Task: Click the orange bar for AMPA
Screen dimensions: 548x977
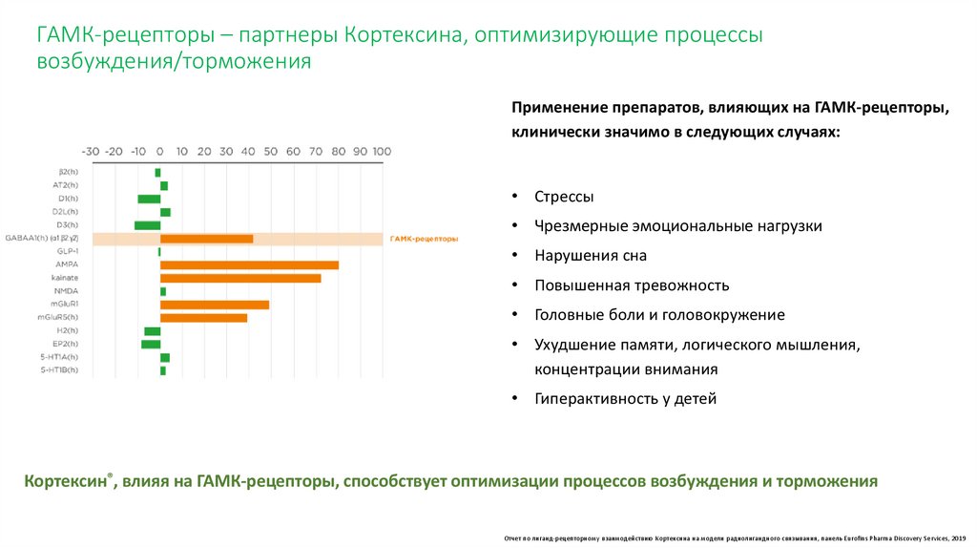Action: (x=249, y=264)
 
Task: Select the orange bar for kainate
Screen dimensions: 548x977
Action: (x=240, y=278)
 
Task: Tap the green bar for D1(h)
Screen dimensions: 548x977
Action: (x=149, y=199)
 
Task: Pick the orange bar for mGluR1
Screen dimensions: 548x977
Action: (x=215, y=305)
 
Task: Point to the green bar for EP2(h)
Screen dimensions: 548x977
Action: (x=151, y=344)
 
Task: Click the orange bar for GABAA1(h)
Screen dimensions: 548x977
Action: (x=206, y=239)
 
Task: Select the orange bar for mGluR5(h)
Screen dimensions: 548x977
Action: (x=203, y=317)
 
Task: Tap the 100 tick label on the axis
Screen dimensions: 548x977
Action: (x=382, y=151)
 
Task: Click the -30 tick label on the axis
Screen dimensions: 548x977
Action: (x=91, y=151)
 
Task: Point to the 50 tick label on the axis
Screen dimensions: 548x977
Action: (x=271, y=151)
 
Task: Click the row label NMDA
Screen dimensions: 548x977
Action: (x=66, y=291)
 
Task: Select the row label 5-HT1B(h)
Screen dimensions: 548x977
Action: (x=59, y=369)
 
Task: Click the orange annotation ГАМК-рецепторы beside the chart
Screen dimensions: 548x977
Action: (x=424, y=239)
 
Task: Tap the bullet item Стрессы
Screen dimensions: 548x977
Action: (x=564, y=197)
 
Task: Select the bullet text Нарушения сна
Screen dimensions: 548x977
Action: (x=591, y=256)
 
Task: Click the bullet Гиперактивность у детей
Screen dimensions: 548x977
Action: (x=625, y=399)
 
